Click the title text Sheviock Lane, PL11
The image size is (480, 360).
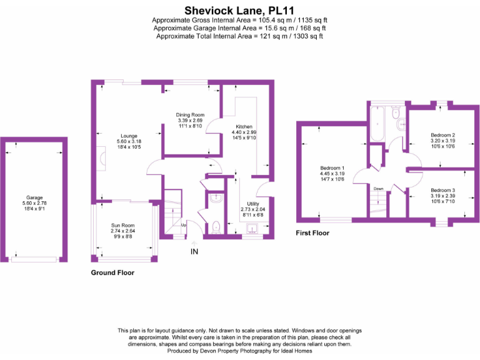tap(239, 10)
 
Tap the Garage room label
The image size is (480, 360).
tap(34, 197)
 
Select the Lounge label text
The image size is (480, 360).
tap(129, 135)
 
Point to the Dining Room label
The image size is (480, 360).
tap(190, 115)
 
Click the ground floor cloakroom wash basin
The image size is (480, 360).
tap(214, 199)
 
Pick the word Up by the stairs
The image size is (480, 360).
tap(183, 224)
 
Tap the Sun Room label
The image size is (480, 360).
tap(122, 224)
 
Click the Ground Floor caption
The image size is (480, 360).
tap(112, 272)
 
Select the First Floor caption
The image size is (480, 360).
tap(312, 233)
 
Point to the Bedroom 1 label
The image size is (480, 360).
tap(331, 168)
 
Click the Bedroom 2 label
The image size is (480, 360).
tap(442, 135)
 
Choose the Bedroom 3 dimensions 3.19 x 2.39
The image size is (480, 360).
tap(442, 196)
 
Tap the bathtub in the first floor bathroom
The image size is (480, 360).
tap(377, 124)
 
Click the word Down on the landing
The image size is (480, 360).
tap(378, 188)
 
